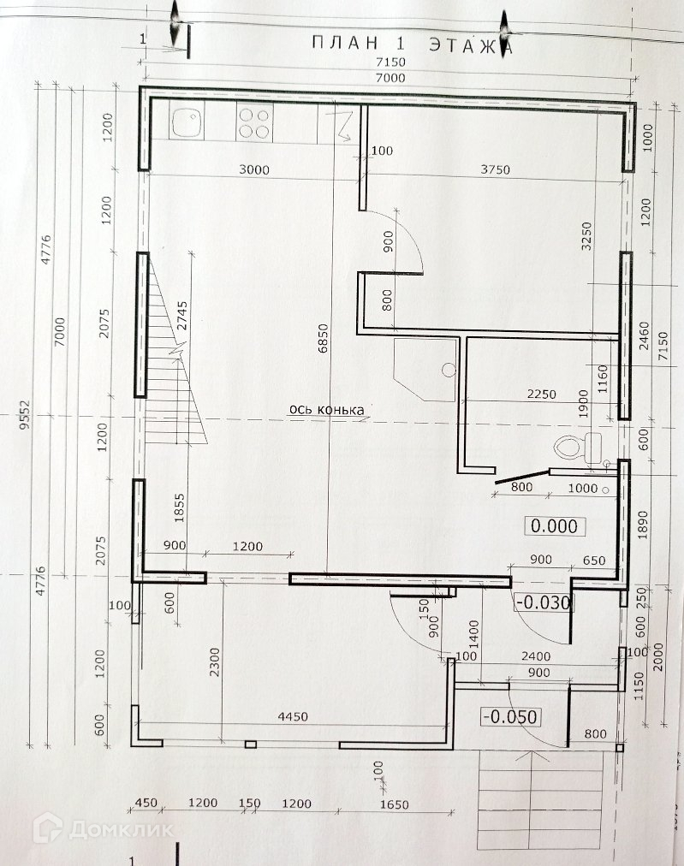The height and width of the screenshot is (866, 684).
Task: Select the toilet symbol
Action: [575, 447]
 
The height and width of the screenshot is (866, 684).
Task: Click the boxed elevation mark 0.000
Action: [554, 526]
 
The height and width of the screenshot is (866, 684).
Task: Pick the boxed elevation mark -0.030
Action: [543, 602]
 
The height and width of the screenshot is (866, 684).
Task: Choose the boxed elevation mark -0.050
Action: [510, 716]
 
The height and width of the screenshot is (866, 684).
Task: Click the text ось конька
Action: [327, 410]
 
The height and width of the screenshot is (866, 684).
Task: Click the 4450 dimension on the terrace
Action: [294, 716]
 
